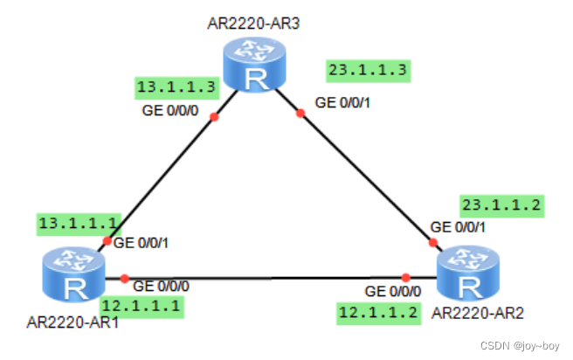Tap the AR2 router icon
tap(469, 275)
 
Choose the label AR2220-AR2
tap(477, 310)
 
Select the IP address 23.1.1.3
tap(368, 71)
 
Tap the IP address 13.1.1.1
tap(75, 224)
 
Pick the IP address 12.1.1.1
tap(142, 306)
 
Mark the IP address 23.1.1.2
tap(501, 207)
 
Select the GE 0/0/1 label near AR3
tap(344, 102)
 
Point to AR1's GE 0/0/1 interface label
tap(142, 243)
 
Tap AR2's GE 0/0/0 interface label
tap(392, 291)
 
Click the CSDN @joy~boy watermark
tap(521, 347)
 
